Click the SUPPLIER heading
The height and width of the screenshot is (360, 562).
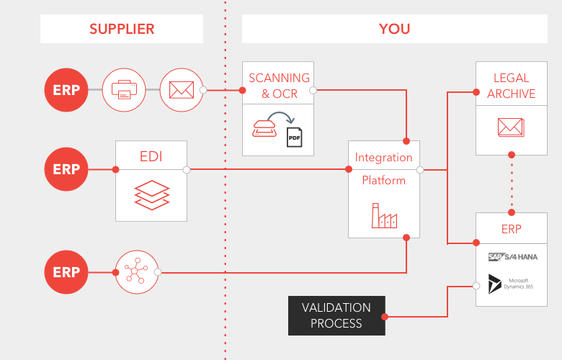point(122,29)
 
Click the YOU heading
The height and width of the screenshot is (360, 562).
point(394,29)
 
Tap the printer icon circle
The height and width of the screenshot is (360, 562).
point(124,90)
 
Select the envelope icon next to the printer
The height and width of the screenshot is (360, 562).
point(181,90)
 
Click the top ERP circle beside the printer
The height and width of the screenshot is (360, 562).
point(66,90)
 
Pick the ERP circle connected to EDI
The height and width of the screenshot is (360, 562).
point(66,170)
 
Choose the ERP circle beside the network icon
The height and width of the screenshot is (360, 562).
point(66,272)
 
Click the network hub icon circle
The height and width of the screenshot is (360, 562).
point(136,272)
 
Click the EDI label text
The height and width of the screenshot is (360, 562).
point(151,156)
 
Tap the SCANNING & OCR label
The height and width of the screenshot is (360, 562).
point(278,85)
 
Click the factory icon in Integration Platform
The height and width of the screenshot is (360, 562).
point(384,215)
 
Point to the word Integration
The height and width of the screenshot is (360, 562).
point(384,157)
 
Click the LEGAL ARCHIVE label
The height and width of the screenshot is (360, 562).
point(512,85)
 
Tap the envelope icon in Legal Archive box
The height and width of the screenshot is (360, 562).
point(511,127)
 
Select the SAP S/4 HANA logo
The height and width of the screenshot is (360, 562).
point(512,257)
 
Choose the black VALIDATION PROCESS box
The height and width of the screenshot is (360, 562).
point(336,315)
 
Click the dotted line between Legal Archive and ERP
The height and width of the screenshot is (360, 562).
point(512,184)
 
